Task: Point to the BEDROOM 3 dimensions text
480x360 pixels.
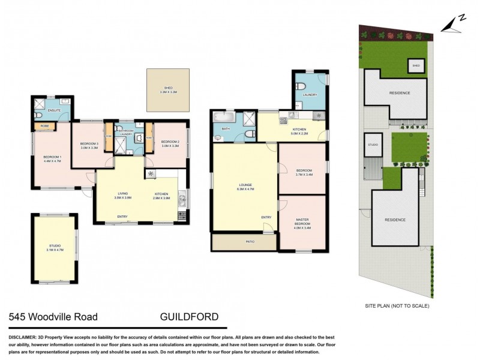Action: click(x=89, y=147)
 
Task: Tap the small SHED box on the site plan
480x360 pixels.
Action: click(x=415, y=65)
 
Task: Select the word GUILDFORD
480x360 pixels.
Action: click(x=189, y=317)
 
